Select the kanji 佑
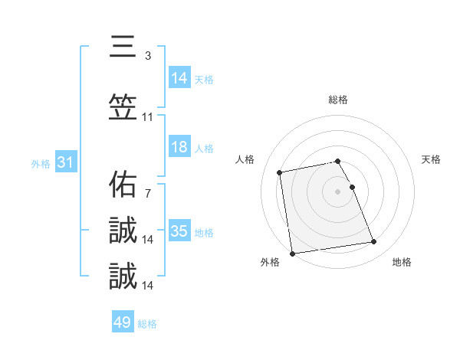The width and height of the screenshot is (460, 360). coord(123,184)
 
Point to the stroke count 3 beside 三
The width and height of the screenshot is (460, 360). coord(147,56)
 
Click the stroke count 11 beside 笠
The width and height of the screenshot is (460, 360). coord(148,117)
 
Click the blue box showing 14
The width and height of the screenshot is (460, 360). coord(179,78)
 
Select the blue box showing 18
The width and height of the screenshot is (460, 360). coord(179,147)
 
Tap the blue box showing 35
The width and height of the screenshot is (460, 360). coord(179,231)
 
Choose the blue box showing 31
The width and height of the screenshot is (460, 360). coord(64,162)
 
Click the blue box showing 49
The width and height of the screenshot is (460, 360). coord(123,322)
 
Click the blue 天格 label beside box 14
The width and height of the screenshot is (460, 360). coord(204,79)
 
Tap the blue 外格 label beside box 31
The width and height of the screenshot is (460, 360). coord(41,163)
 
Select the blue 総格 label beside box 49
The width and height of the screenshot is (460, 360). coord(147,323)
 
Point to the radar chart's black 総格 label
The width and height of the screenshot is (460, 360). coord(338,100)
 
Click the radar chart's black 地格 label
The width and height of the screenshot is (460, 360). coord(402,262)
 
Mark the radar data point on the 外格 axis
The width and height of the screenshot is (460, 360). coord(291,253)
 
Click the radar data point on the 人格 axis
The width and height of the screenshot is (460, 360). coord(280,172)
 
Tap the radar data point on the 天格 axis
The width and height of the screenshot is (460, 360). coord(353,187)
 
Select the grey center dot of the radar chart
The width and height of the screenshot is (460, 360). coord(338,191)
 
